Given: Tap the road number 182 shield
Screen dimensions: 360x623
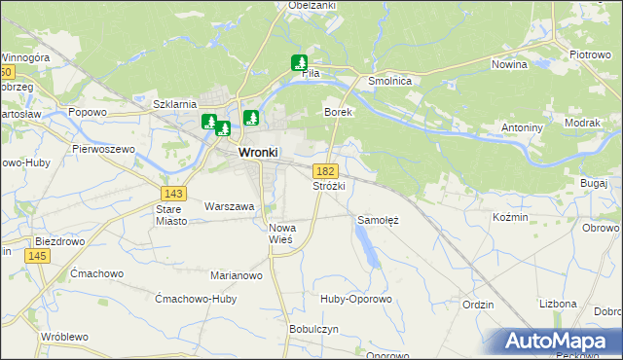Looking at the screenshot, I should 327,170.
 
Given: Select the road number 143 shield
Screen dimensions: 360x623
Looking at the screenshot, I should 176,193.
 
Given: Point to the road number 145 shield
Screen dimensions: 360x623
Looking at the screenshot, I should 37,255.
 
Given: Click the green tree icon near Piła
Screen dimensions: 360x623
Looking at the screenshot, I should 299,63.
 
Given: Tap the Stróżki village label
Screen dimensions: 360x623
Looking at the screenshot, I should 328,185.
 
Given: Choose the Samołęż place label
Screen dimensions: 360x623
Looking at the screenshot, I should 379,220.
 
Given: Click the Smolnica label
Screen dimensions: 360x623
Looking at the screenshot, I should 386,82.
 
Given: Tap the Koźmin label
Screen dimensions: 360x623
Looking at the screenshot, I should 510,217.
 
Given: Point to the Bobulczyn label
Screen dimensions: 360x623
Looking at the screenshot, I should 313,329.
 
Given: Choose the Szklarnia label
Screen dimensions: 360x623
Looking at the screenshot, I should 175,104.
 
